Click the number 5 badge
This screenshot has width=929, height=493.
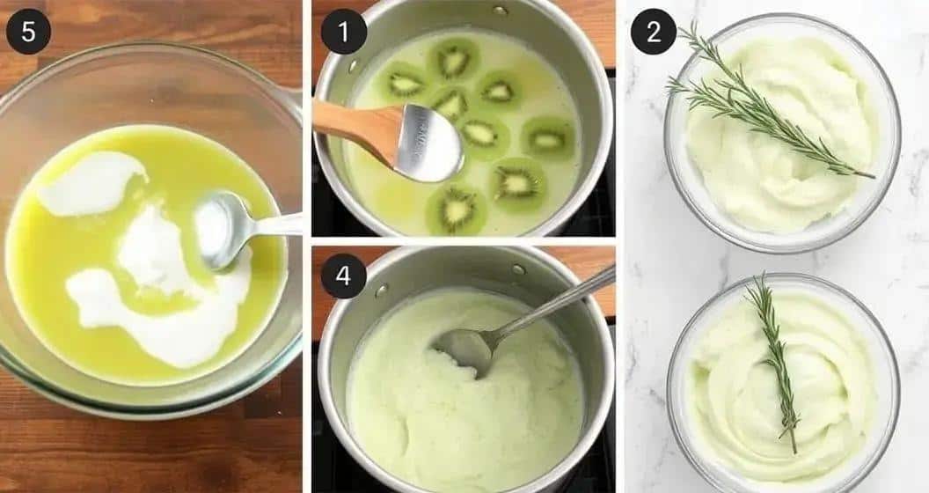click(28, 32)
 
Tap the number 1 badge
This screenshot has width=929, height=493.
click(343, 32)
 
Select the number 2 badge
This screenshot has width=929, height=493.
click(654, 32)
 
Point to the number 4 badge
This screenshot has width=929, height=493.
click(343, 276)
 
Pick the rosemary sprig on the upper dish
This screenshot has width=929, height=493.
click(764, 104)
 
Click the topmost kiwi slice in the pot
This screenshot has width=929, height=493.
click(454, 58)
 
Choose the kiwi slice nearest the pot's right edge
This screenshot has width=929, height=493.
click(548, 139)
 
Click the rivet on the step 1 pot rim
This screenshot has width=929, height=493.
click(500, 10)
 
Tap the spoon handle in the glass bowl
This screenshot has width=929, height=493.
click(274, 224)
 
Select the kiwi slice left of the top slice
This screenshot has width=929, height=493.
click(406, 84)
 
